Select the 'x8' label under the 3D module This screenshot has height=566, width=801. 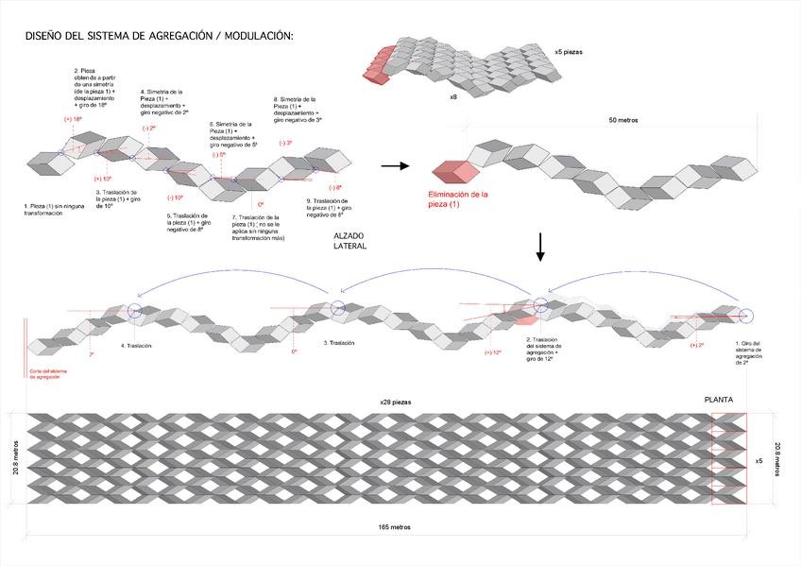click(x=454, y=96)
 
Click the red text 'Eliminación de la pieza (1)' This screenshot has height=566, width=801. click(x=457, y=198)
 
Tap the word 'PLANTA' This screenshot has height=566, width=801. click(x=721, y=401)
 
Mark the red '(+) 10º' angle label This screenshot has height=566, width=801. click(x=103, y=178)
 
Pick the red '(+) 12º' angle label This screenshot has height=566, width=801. click(x=490, y=352)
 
